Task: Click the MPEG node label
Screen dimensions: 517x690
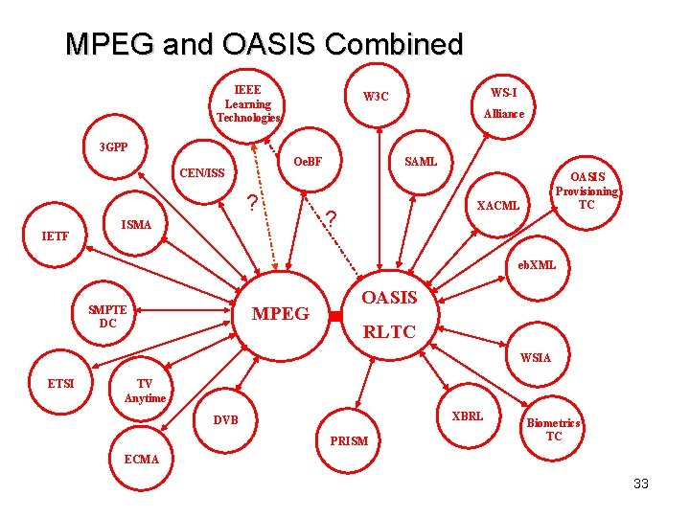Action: click(x=280, y=314)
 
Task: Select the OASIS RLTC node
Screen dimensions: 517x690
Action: click(x=389, y=315)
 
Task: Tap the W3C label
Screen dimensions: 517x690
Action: click(x=376, y=97)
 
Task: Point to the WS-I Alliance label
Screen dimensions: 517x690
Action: click(x=503, y=102)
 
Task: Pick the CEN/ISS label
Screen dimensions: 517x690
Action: click(x=202, y=173)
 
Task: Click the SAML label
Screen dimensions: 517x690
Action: click(x=421, y=162)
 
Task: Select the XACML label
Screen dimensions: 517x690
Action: click(x=498, y=206)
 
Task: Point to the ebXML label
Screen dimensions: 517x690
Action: click(x=537, y=265)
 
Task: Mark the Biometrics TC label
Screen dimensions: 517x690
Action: click(x=554, y=430)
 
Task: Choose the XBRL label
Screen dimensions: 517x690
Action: click(x=467, y=416)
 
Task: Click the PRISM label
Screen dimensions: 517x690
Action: click(x=348, y=441)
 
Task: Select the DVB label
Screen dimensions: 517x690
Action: click(x=226, y=420)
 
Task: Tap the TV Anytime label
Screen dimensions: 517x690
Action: click(x=145, y=391)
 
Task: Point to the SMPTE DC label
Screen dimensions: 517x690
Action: click(x=107, y=316)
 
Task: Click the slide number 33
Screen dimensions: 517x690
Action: click(x=641, y=483)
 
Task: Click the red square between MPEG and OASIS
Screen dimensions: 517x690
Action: click(x=335, y=315)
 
